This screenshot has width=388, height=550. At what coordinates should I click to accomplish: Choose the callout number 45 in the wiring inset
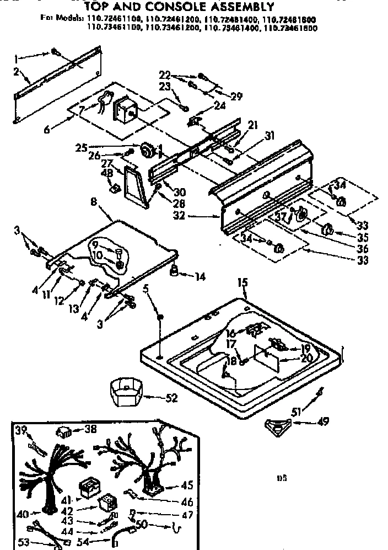(187, 486)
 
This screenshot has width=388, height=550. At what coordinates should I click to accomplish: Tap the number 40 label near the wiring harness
(23, 514)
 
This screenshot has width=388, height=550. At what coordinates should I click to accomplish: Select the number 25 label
(81, 147)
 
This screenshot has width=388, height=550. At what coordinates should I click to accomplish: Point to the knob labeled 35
(327, 229)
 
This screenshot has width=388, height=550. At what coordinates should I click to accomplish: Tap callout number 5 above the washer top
(146, 288)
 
